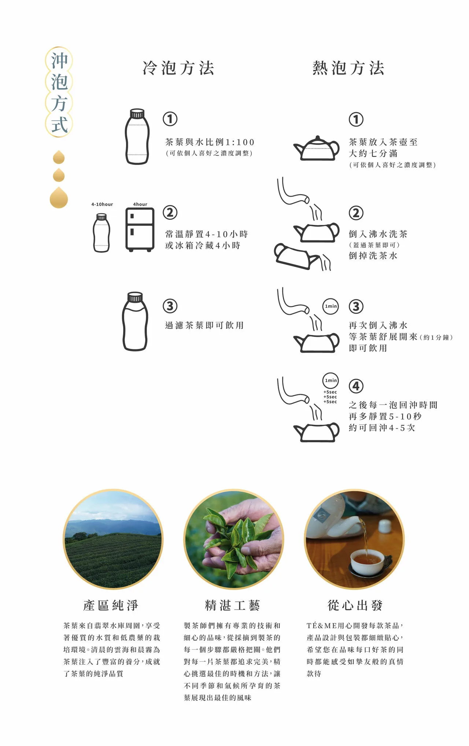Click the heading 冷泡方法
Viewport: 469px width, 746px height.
pyautogui.click(x=178, y=68)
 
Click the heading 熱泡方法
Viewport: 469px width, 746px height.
pyautogui.click(x=348, y=68)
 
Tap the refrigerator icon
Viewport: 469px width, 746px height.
pyautogui.click(x=140, y=229)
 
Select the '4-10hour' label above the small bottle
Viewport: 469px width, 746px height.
pyautogui.click(x=102, y=204)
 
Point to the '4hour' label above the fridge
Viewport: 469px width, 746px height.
pyautogui.click(x=140, y=204)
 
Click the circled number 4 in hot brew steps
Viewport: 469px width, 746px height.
pyautogui.click(x=356, y=386)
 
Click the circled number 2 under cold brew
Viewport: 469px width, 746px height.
pyautogui.click(x=170, y=212)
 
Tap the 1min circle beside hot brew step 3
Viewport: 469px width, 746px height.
pyautogui.click(x=331, y=306)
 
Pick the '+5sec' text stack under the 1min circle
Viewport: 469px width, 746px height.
pyautogui.click(x=330, y=397)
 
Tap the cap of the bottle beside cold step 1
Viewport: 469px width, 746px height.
pyautogui.click(x=137, y=113)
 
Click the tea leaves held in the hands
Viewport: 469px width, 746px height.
pyautogui.click(x=238, y=536)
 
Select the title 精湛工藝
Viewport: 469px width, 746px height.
pyautogui.click(x=233, y=605)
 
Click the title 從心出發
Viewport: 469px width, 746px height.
pyautogui.click(x=355, y=605)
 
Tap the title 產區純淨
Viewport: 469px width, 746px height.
pyautogui.click(x=111, y=605)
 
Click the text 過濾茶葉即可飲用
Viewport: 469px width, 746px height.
pyautogui.click(x=204, y=325)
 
